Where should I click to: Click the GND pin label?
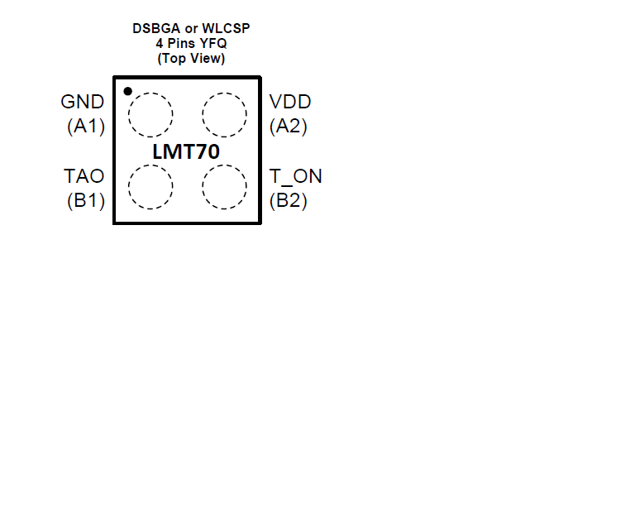click(x=82, y=102)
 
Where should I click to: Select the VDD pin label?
click(x=290, y=102)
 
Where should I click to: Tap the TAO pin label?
click(x=84, y=176)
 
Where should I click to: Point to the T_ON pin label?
click(x=296, y=177)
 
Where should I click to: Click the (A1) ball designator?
click(x=86, y=126)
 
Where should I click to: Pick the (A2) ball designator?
click(x=289, y=126)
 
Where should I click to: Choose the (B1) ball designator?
click(x=86, y=200)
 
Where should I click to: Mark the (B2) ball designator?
click(x=289, y=200)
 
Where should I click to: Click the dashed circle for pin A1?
click(x=150, y=93)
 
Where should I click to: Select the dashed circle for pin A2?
click(x=224, y=93)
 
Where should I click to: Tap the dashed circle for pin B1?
click(x=150, y=165)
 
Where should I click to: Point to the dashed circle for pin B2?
click(x=224, y=165)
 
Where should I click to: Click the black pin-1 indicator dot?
click(x=127, y=92)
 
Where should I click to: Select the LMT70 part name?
click(x=186, y=152)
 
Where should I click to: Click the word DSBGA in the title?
click(x=156, y=28)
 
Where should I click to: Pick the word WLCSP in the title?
click(x=226, y=28)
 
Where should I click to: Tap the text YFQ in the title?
click(x=213, y=43)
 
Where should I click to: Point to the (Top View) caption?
click(x=191, y=59)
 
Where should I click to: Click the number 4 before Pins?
click(x=160, y=43)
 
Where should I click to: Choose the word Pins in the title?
click(x=181, y=43)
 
